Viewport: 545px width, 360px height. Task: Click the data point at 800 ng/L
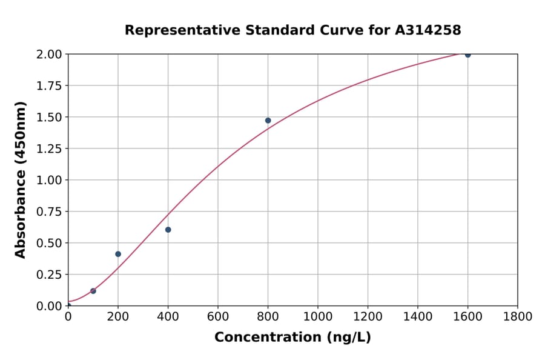pos(268,121)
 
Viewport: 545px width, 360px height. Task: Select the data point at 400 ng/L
pos(168,230)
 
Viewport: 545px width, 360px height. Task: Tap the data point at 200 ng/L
pos(118,254)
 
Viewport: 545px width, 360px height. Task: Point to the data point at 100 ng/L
pos(93,291)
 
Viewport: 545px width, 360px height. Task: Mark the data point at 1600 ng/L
pos(467,55)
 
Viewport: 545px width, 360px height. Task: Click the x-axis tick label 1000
pos(318,316)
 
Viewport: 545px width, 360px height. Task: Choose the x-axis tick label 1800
pos(518,316)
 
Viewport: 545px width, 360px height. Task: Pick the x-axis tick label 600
pos(218,316)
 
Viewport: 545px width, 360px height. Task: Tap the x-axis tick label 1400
pos(418,316)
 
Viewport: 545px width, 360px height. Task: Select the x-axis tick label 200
pos(118,316)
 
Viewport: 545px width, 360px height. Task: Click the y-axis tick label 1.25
pos(48,148)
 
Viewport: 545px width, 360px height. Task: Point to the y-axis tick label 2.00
pos(48,55)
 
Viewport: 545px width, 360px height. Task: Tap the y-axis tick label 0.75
pos(48,212)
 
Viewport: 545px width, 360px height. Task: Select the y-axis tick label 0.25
pos(48,275)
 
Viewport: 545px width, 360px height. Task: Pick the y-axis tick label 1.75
pos(48,86)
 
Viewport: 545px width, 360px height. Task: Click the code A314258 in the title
pos(428,30)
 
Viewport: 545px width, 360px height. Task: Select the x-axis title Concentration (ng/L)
pos(292,338)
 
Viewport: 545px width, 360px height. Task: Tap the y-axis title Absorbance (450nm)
pos(21,180)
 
